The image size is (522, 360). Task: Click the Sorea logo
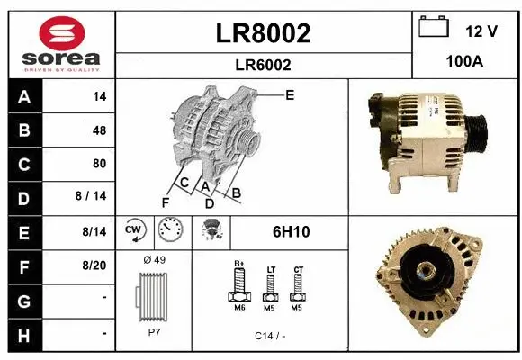click(59, 43)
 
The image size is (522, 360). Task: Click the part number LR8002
click(264, 33)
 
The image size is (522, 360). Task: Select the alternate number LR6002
click(264, 65)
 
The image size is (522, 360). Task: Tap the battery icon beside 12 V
click(434, 29)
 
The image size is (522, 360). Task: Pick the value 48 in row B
click(99, 130)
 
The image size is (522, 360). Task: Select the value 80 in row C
click(99, 164)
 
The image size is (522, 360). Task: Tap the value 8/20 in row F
click(94, 265)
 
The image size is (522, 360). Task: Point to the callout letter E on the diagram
click(289, 94)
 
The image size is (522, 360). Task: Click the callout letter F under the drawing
click(165, 202)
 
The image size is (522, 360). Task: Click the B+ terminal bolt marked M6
click(238, 287)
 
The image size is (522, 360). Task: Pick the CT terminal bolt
click(298, 286)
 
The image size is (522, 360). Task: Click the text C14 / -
click(269, 335)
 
